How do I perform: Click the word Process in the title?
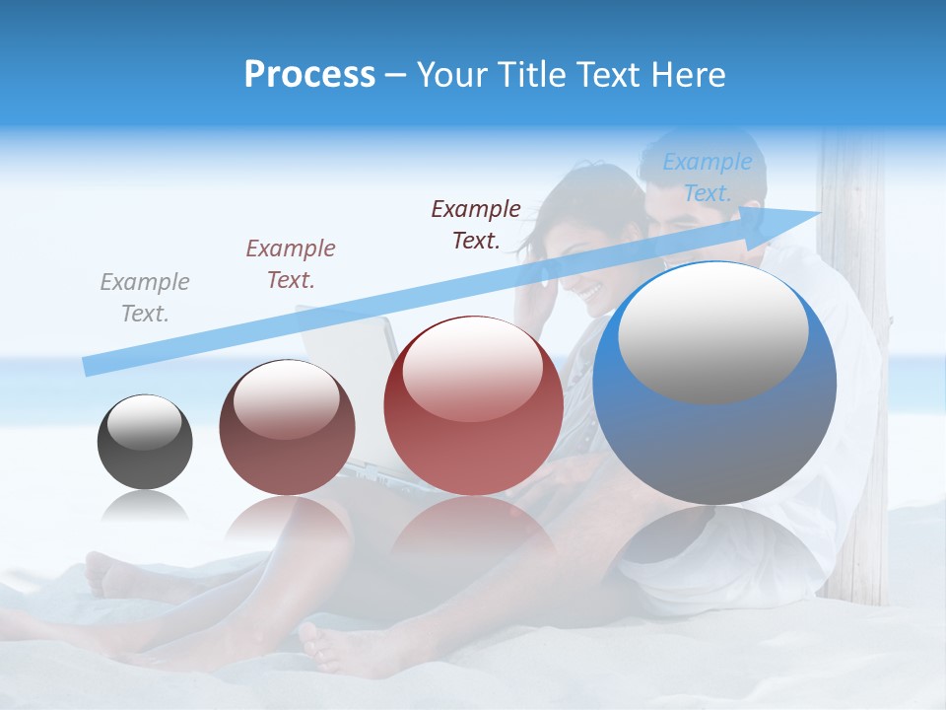309,75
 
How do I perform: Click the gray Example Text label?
145,298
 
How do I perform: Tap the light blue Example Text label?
707,177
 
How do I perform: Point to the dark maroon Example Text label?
476,224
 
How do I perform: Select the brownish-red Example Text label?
291,263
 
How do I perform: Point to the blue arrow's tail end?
89,367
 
